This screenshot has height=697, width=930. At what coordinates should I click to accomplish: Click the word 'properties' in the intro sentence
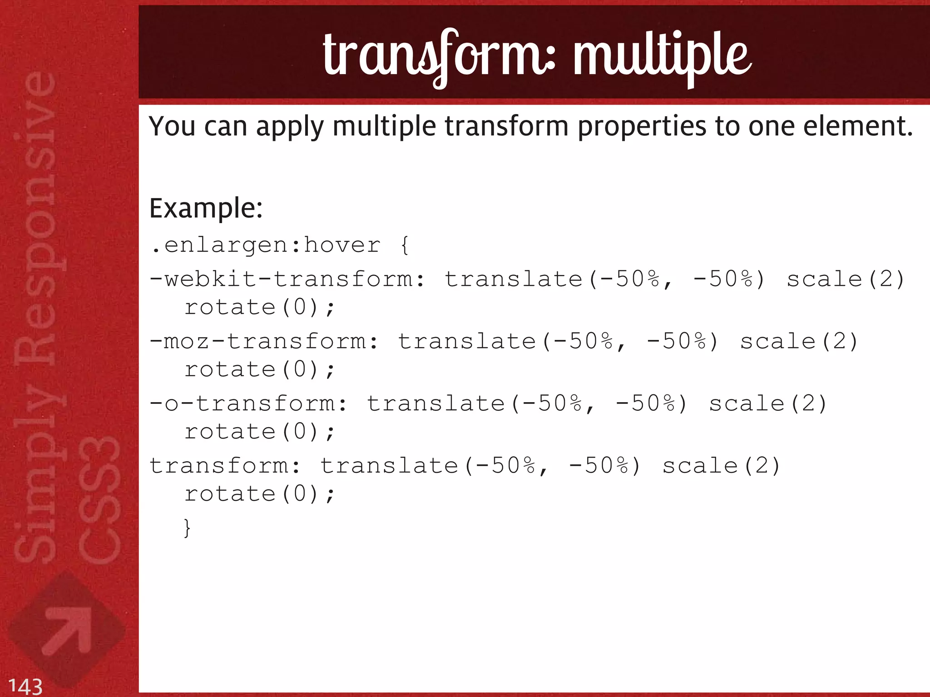click(642, 127)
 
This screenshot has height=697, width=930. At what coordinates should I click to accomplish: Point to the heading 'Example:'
click(206, 209)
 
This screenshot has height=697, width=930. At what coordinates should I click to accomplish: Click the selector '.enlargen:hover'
click(266, 246)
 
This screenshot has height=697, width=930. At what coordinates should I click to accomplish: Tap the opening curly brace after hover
click(405, 246)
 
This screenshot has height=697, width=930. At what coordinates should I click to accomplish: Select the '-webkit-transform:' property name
click(287, 279)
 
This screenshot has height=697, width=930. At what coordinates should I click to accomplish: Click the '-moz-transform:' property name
click(264, 341)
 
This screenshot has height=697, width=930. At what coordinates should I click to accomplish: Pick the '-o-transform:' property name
click(248, 403)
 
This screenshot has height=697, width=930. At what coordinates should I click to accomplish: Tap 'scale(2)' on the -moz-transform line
click(799, 341)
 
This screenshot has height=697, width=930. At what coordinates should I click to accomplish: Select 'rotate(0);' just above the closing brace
click(259, 494)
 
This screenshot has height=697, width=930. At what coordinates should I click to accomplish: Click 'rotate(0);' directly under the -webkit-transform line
click(259, 308)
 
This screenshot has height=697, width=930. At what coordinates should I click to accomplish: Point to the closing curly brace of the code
click(187, 528)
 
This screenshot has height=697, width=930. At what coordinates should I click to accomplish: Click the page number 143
click(25, 686)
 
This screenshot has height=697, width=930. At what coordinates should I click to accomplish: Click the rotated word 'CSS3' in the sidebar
click(99, 500)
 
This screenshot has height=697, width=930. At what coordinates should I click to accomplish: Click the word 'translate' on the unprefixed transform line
click(389, 466)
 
